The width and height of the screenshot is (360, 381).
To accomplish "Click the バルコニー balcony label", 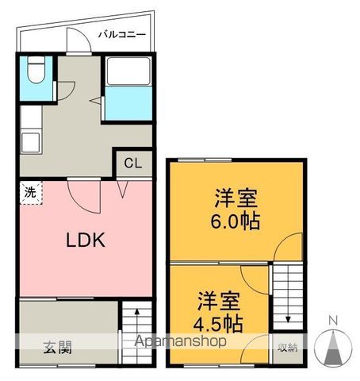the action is [122, 35].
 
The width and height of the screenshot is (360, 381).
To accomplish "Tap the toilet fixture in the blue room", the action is [36, 70].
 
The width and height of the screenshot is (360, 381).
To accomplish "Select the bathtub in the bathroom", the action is [128, 71].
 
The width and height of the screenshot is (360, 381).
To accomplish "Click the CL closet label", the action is [133, 164].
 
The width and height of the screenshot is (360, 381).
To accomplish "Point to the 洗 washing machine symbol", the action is [31, 193].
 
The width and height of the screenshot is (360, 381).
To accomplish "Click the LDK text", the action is [86, 240].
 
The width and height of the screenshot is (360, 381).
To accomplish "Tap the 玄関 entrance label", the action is [58, 348].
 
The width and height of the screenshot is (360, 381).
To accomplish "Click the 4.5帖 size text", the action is [218, 323].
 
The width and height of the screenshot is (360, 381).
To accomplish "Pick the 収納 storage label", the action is [288, 348].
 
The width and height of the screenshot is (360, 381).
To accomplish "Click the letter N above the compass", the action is [333, 321].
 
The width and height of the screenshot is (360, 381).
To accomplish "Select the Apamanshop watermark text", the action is [180, 341].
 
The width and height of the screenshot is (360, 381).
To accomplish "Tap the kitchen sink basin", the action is [31, 142].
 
